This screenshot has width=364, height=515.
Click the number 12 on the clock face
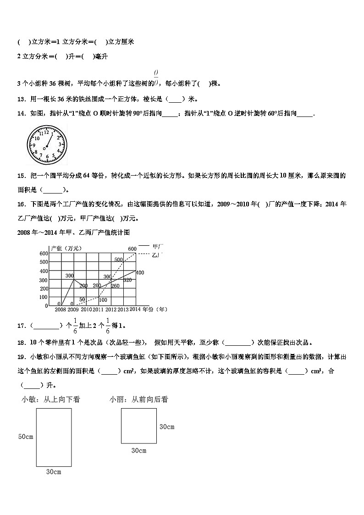pyautogui.click(x=46, y=132)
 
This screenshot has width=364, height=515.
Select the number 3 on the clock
pyautogui.click(x=60, y=144)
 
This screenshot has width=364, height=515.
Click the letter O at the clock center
pyautogui.click(x=44, y=148)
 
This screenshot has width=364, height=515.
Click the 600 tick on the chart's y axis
pyautogui.click(x=44, y=254)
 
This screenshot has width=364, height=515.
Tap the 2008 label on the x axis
pyautogui.click(x=60, y=310)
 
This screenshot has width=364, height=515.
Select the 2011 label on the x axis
pyautogui.click(x=98, y=310)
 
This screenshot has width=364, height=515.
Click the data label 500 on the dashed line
pyautogui.click(x=119, y=260)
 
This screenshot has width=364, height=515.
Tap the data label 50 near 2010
pyautogui.click(x=82, y=299)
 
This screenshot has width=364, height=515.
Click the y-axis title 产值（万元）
pyautogui.click(x=66, y=248)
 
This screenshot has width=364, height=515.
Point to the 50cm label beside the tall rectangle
pyautogui.click(x=26, y=437)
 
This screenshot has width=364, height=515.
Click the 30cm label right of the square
pyautogui.click(x=166, y=427)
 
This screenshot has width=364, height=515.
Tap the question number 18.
pyautogui.click(x=21, y=342)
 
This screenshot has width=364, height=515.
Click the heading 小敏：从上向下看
pyautogui.click(x=51, y=399)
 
